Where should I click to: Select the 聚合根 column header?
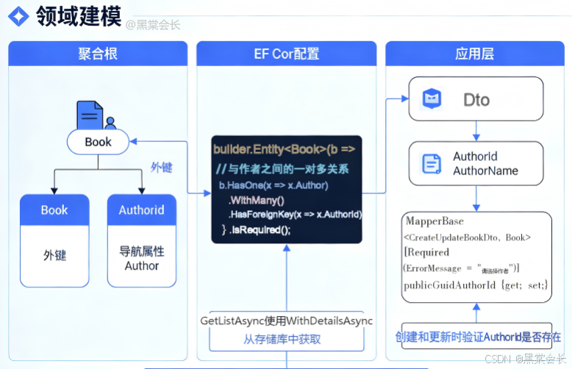[x=98, y=54]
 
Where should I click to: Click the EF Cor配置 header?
[x=286, y=54]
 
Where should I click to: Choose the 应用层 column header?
[x=474, y=54]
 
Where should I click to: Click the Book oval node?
[x=98, y=142]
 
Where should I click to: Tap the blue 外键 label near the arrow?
[x=162, y=167]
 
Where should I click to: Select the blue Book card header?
[x=54, y=209]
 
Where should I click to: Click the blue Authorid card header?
[x=142, y=209]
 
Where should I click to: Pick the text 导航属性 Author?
[x=142, y=258]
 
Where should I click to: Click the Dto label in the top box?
[x=476, y=99]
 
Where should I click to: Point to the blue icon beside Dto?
[x=432, y=98]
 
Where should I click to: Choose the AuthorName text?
[x=485, y=171]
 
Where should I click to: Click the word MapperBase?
[x=434, y=221]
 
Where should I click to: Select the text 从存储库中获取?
[x=282, y=339]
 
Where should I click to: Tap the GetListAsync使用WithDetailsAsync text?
[x=286, y=321]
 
